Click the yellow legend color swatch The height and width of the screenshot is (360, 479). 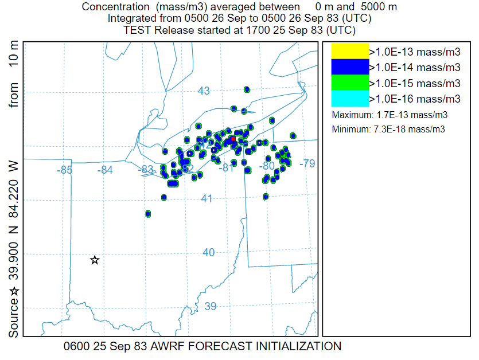click(x=350, y=51)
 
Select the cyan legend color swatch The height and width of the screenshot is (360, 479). click(x=350, y=99)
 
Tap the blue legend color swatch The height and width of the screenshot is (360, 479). click(x=350, y=67)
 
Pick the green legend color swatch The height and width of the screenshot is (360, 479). click(x=350, y=83)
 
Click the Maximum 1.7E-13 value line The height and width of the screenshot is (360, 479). click(x=390, y=115)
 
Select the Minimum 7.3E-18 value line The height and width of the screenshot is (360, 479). click(x=388, y=130)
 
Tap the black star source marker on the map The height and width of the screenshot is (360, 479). click(x=95, y=260)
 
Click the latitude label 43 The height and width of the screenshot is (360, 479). click(x=204, y=91)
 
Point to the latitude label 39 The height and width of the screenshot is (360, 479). click(x=211, y=306)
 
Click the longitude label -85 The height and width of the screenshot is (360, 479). click(x=65, y=170)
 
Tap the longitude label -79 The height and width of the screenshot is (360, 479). click(x=307, y=164)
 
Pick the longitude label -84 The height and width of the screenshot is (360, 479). click(x=105, y=170)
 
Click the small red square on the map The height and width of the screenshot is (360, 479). click(x=233, y=139)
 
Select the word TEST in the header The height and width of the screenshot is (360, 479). click(x=138, y=30)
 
